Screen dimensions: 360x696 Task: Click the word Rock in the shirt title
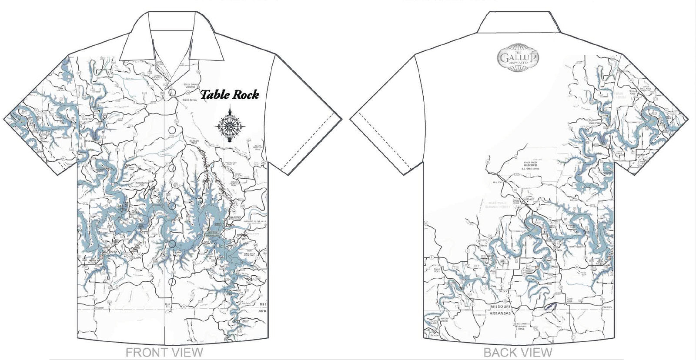(x=245, y=94)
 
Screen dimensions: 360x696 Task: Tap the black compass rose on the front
(x=231, y=125)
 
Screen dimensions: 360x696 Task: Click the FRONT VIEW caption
(x=164, y=352)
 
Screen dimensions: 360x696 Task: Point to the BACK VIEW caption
(x=518, y=352)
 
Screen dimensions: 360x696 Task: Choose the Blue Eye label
(x=169, y=305)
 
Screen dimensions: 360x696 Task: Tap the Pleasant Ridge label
(x=521, y=327)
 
